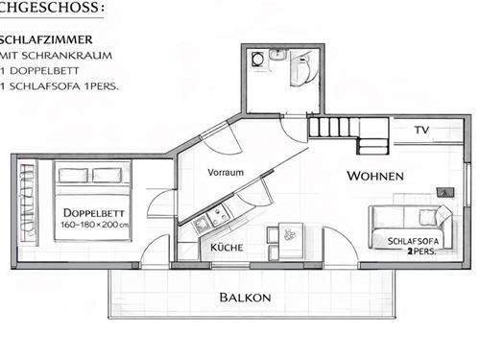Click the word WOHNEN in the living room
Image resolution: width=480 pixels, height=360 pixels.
374,177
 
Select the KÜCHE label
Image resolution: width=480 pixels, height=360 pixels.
227,247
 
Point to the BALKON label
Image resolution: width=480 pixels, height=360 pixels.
244,298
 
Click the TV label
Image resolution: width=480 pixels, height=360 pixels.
421,129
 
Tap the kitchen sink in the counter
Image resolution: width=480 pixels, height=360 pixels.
202,225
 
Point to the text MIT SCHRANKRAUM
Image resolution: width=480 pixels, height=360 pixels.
43,56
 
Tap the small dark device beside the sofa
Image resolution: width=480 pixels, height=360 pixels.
443,192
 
